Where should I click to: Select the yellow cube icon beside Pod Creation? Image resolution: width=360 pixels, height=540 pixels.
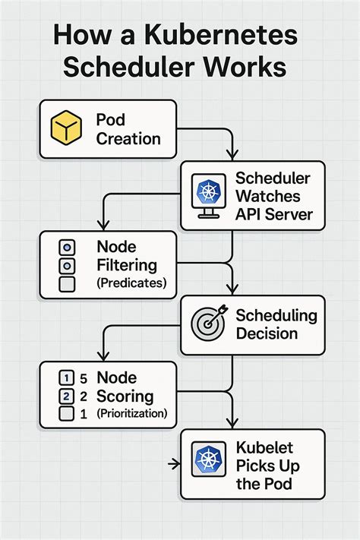65,129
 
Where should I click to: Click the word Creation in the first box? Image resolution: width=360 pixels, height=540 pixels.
128,139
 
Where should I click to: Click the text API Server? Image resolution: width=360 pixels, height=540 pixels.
274,214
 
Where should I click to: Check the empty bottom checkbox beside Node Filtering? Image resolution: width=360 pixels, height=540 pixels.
66,284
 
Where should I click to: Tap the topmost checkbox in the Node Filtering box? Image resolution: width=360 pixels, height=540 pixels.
66,248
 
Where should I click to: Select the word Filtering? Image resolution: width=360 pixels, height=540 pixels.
127,266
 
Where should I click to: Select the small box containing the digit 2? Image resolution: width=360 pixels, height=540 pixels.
66,396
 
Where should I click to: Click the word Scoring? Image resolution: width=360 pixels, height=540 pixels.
125,396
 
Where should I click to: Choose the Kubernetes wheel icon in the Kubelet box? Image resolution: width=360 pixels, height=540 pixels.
207,459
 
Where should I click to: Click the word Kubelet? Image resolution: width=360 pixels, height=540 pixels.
264,449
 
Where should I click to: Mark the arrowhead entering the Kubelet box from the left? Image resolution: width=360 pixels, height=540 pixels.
176,462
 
